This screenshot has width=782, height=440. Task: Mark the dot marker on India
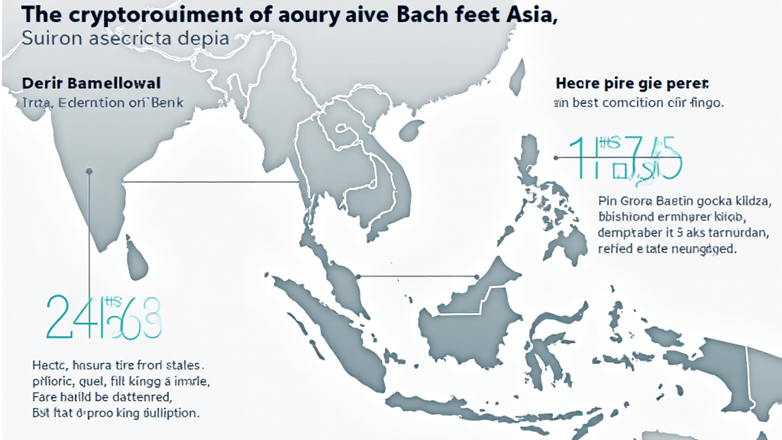90,171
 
